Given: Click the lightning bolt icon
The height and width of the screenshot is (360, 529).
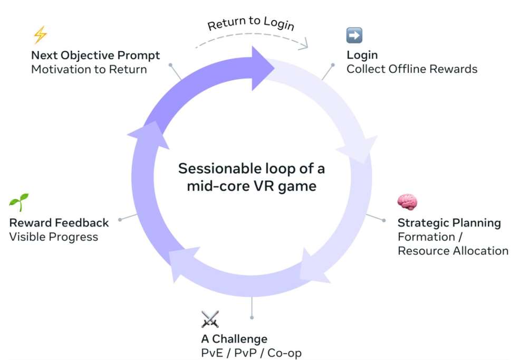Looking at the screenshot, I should pos(40,35).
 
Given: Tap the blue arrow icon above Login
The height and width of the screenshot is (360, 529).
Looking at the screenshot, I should pos(354,35).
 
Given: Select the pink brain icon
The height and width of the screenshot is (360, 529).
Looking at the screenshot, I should pos(407,202).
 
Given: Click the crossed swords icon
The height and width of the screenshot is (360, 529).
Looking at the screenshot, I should pos(209,319).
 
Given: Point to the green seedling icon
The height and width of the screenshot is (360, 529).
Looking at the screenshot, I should pos(19,202).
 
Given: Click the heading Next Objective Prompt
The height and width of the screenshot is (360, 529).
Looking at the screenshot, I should pos(95,55).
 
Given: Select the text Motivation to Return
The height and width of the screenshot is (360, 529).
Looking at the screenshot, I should pos(89,69).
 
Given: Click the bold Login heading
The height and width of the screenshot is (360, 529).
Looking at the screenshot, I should pos(362,55).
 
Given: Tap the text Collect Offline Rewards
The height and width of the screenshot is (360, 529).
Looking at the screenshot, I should pos(411,69).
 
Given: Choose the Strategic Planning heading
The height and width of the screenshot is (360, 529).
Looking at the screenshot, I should pos(449,222).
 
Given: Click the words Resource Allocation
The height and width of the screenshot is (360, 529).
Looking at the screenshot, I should pos(453,251).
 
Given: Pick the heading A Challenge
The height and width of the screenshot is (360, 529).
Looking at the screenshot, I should pos(234,338).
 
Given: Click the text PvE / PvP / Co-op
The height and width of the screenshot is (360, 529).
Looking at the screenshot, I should pos(251,353).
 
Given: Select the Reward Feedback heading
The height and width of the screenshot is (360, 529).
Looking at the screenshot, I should pos(59,222).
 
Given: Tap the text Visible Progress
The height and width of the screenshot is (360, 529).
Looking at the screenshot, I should pos(54,236).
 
